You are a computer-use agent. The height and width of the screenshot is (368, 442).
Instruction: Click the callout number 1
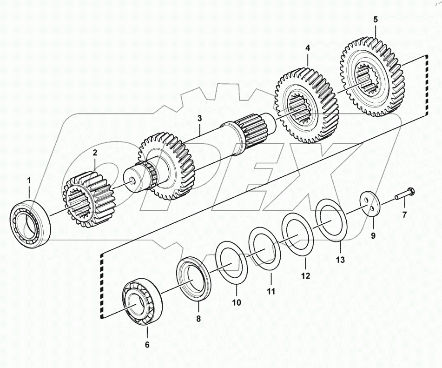[x=29, y=180]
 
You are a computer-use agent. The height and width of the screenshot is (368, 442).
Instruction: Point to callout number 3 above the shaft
[x=199, y=119]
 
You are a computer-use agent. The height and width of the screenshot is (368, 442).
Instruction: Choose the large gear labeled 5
[x=375, y=75]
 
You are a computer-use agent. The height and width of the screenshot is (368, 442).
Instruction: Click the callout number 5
[x=376, y=20]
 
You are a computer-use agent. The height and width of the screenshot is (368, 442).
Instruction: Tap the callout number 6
[x=147, y=345]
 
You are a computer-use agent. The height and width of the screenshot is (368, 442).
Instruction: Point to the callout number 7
[x=404, y=214]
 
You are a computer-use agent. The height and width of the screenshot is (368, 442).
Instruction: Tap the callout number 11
[x=270, y=292]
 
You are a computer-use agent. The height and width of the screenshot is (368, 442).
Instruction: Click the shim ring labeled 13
[x=330, y=216]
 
